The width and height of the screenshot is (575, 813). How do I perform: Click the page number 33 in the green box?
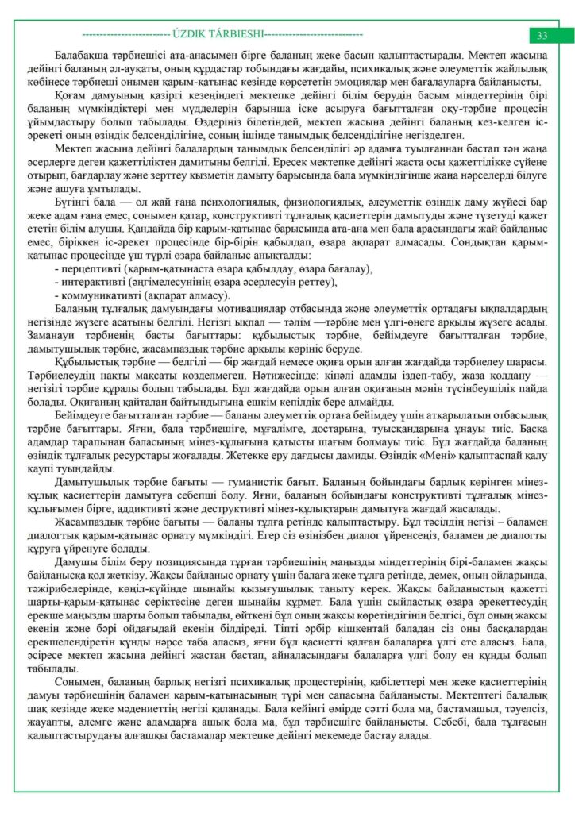coord(542,35)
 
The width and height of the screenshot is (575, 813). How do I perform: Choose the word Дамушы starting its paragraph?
coord(74,561)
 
